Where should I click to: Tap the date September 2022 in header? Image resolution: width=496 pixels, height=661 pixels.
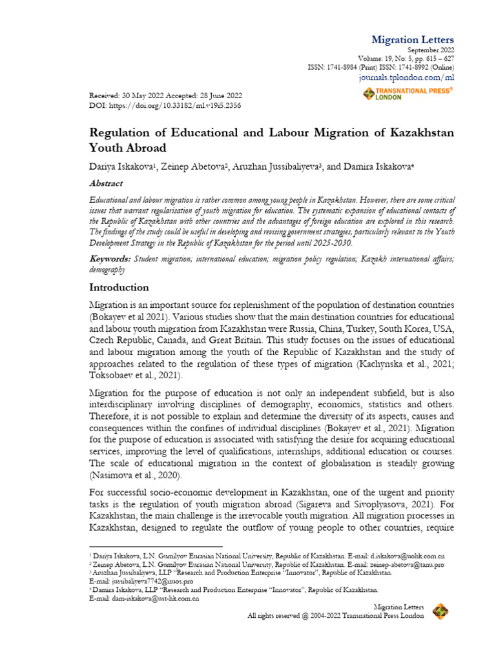coord(431,50)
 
